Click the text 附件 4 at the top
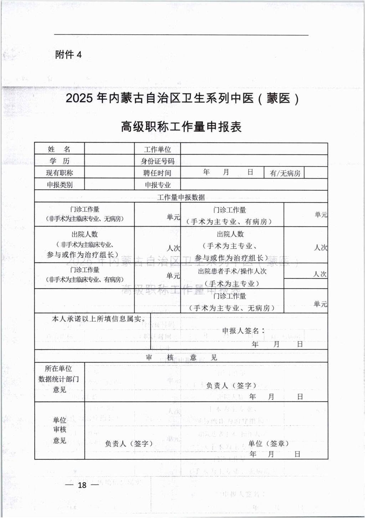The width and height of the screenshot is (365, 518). (69, 55)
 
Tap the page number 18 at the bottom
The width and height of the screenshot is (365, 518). (82, 485)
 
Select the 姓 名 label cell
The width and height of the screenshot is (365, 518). (59, 149)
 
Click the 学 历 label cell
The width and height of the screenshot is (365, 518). (59, 161)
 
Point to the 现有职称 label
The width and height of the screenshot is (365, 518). (59, 173)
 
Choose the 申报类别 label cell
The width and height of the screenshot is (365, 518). (59, 185)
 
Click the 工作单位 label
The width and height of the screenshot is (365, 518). (157, 149)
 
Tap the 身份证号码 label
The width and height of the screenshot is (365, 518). (157, 161)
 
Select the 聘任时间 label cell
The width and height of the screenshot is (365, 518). (157, 173)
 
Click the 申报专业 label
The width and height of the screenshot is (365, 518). (157, 185)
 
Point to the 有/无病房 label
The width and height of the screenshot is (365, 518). (285, 173)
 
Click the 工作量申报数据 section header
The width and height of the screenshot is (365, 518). (181, 197)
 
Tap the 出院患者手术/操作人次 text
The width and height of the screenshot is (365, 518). (232, 271)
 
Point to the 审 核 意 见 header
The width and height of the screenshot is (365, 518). (181, 357)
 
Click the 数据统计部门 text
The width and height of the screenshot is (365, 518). (58, 379)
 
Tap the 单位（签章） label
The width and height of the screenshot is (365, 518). (268, 443)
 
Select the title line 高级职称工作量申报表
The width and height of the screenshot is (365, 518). (181, 127)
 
